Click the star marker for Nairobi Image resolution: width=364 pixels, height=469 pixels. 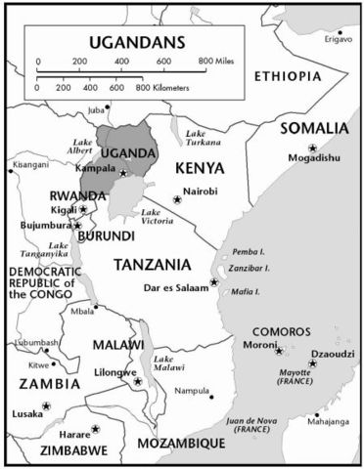[x=177, y=198]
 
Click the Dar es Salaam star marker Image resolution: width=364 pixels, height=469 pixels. [x=214, y=282]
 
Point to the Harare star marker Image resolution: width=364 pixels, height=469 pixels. [x=96, y=428]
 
